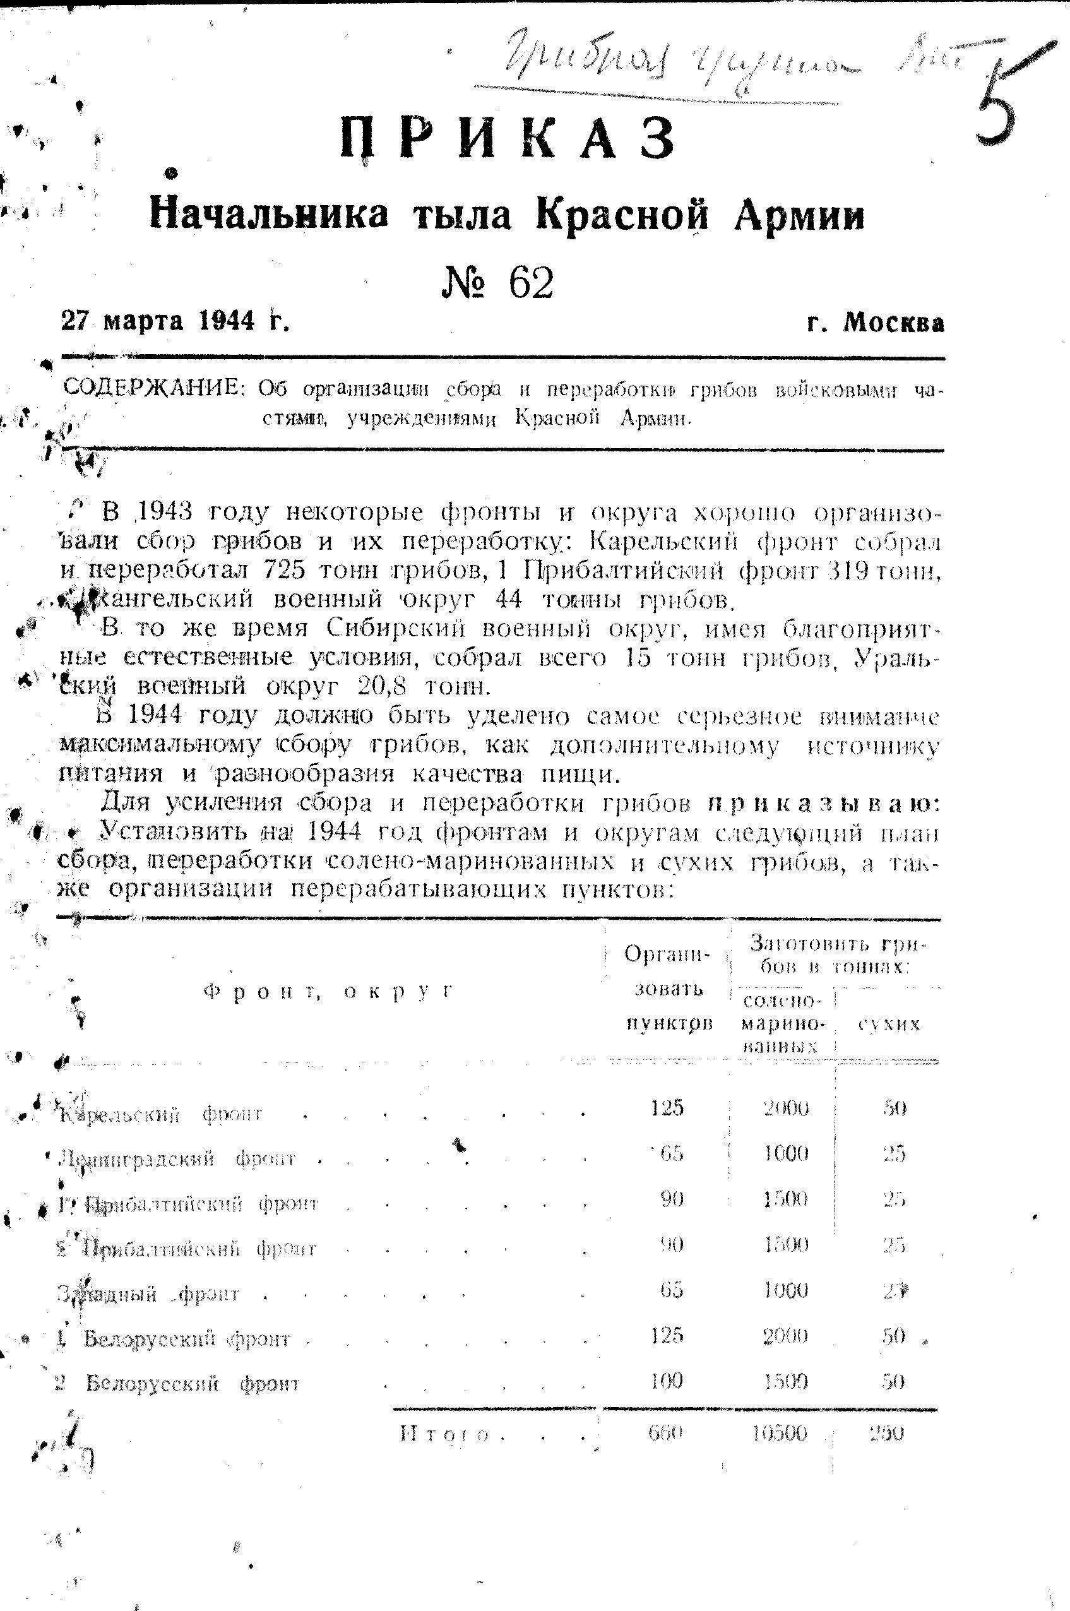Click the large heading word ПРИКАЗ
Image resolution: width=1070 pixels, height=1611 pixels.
[508, 138]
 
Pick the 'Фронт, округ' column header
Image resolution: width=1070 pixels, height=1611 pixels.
[328, 992]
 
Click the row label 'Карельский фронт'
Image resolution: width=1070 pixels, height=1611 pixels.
[161, 1115]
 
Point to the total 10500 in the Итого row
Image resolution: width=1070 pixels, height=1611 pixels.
[779, 1432]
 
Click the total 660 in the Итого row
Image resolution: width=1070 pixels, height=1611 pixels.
[665, 1432]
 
